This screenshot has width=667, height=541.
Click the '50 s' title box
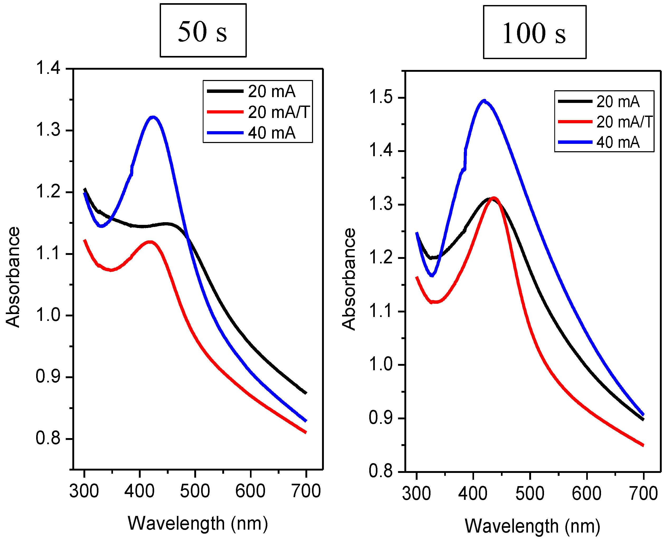[203, 31]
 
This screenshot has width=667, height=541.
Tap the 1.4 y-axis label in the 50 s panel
[48, 68]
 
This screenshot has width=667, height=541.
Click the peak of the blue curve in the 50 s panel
[153, 117]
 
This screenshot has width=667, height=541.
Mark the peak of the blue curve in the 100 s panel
[484, 101]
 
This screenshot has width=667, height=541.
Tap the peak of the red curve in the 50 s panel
[150, 242]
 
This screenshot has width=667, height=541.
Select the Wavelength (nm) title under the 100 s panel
[532, 526]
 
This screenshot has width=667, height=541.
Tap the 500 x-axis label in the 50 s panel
[195, 491]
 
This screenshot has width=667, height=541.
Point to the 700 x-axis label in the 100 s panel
[643, 493]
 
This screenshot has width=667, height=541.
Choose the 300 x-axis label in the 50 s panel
[84, 491]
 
